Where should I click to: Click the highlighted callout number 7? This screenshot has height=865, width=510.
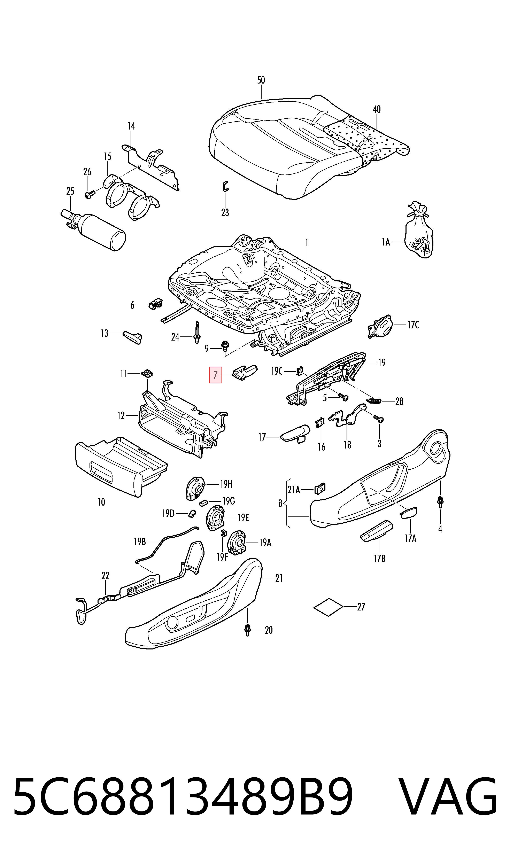[x=216, y=375]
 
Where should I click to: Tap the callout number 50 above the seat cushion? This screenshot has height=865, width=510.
[x=261, y=80]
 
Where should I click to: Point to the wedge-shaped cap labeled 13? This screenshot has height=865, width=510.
[x=133, y=337]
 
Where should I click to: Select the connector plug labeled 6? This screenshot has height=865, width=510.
[x=156, y=304]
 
